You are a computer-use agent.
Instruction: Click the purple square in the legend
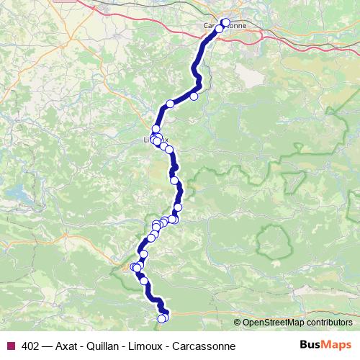(x=10, y=346)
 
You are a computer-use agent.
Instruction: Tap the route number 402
(x=31, y=346)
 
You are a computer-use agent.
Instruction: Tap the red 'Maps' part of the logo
(x=338, y=345)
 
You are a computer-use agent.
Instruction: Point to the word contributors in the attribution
(x=330, y=323)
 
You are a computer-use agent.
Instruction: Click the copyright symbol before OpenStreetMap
(x=237, y=323)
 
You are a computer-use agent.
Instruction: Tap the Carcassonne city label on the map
(x=225, y=26)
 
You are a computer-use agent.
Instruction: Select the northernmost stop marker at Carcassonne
(x=225, y=22)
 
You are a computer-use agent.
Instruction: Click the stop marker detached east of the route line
(x=194, y=96)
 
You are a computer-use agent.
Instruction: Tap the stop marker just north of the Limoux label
(x=156, y=129)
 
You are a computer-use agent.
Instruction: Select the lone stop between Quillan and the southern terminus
(x=144, y=281)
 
